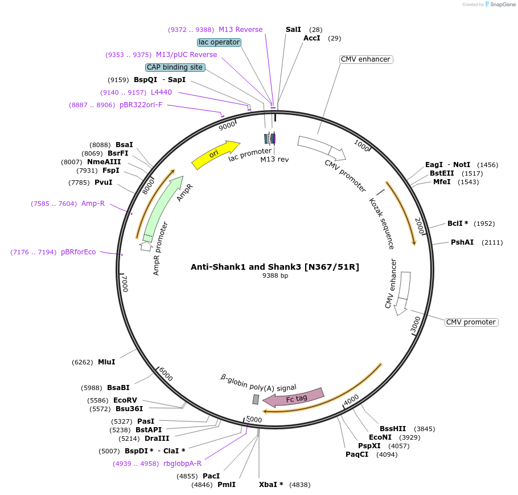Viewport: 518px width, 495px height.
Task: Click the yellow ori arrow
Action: [x=215, y=155]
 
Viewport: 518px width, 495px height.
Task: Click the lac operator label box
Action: [x=219, y=42]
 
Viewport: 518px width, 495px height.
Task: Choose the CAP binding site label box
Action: [x=175, y=67]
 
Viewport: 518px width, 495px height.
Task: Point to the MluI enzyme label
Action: [x=106, y=362]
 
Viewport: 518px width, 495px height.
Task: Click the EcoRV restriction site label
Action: [x=125, y=400]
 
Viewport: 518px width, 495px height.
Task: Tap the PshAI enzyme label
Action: [x=462, y=242]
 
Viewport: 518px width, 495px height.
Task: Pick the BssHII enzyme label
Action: [x=393, y=429]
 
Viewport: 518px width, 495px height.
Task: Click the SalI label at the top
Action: [x=293, y=29]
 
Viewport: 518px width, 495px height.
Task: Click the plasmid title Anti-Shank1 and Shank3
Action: [x=275, y=266]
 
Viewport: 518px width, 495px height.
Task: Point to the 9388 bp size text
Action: [x=275, y=275]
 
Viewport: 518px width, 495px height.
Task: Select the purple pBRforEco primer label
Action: [x=79, y=252]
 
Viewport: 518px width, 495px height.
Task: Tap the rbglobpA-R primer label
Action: [x=182, y=464]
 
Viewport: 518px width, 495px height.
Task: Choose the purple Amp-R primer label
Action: [x=93, y=204]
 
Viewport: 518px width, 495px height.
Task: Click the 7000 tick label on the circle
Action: [x=125, y=283]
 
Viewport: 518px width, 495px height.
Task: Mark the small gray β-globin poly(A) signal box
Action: [x=256, y=399]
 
